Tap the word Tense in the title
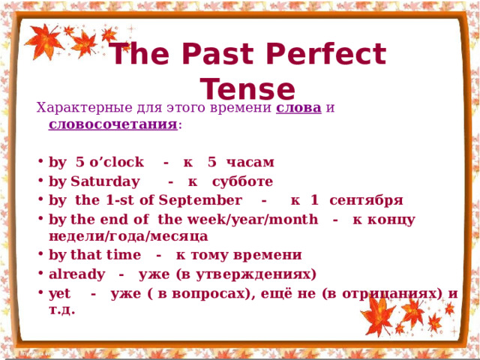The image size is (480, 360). (247, 88)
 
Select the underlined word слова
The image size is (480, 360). (298, 108)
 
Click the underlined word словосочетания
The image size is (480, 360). (113, 124)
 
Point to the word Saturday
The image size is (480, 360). (105, 181)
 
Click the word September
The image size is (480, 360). (200, 200)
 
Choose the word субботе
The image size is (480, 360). (242, 181)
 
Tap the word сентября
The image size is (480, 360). (366, 201)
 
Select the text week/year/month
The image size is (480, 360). (253, 220)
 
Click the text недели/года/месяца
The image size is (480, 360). (128, 236)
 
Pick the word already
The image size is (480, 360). (76, 274)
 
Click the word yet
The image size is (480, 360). (59, 294)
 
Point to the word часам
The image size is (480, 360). (250, 162)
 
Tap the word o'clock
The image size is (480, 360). (116, 162)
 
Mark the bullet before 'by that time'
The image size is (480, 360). (40, 253)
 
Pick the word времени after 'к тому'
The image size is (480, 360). (268, 255)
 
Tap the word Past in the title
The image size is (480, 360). (218, 53)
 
